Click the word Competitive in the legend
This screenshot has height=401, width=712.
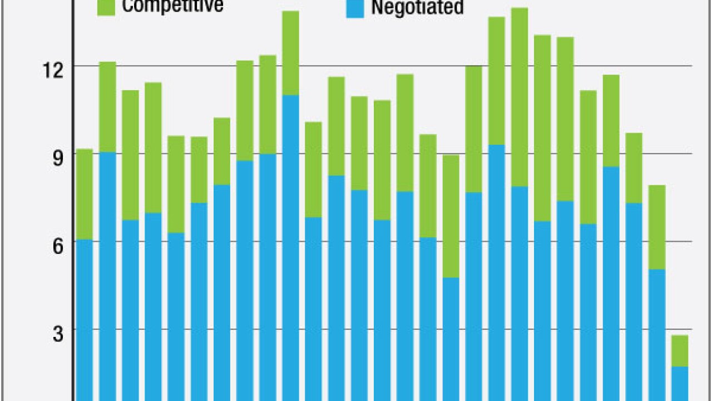(172, 6)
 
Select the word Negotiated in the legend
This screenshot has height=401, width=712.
(417, 8)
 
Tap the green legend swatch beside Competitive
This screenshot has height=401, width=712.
(106, 7)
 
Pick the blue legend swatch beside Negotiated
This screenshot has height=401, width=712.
(355, 8)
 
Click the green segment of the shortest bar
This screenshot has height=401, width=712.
(680, 350)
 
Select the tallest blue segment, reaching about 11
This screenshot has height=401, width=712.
(290, 245)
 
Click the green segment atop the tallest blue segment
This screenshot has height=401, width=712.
(290, 53)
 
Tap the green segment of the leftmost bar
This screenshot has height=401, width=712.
(85, 194)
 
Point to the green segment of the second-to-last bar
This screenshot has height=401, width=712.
(657, 227)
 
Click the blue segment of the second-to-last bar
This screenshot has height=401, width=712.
(657, 334)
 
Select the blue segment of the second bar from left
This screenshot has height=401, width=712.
(107, 276)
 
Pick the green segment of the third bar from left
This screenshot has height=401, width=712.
(130, 155)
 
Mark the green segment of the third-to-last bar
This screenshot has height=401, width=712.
(634, 168)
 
